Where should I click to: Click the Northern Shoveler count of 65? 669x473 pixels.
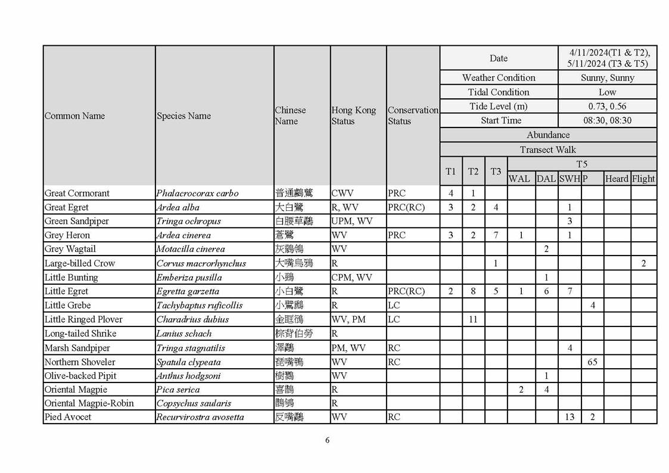click(592, 362)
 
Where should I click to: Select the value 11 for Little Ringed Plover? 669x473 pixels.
click(473, 319)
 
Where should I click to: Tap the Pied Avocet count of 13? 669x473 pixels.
click(570, 417)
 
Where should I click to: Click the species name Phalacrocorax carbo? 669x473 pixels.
click(197, 193)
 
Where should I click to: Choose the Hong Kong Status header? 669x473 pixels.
click(354, 116)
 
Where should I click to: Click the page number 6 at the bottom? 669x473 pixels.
click(327, 440)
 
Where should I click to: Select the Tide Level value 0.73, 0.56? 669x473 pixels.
click(607, 106)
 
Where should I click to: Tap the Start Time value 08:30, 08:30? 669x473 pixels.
click(607, 120)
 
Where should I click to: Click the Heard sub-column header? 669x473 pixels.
click(617, 179)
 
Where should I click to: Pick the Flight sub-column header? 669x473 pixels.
click(643, 179)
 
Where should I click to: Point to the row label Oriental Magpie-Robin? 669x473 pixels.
click(89, 403)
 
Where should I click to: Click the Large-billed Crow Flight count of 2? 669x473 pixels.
click(643, 263)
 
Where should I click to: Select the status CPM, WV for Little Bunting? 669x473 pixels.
click(351, 277)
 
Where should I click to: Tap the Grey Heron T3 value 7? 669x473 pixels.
click(496, 235)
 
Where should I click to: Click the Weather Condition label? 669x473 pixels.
click(499, 77)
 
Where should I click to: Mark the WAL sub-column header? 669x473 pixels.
click(519, 179)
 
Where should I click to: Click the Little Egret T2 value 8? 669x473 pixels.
click(473, 291)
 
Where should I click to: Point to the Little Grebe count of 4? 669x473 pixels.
click(592, 306)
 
